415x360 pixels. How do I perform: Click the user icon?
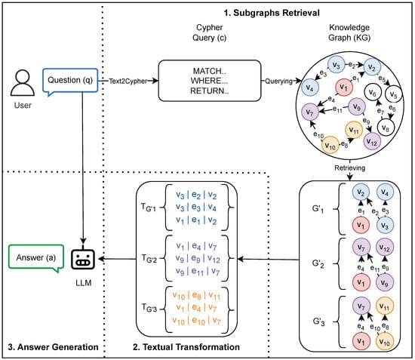pyautogui.click(x=23, y=82)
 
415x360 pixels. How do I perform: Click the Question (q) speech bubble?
pyautogui.click(x=70, y=81)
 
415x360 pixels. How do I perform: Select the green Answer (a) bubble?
pyautogui.click(x=36, y=258)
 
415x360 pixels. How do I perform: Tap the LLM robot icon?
pyautogui.click(x=83, y=259)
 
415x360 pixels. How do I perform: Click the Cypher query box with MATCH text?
pyautogui.click(x=210, y=81)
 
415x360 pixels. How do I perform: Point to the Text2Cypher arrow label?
pyautogui.click(x=128, y=81)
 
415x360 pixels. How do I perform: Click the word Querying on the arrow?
pyautogui.click(x=278, y=81)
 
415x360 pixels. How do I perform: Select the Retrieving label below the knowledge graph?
pyautogui.click(x=349, y=168)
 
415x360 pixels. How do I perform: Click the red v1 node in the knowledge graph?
pyautogui.click(x=344, y=87)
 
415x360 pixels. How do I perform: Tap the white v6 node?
pyautogui.click(x=373, y=93)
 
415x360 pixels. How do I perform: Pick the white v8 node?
pyautogui.click(x=386, y=128)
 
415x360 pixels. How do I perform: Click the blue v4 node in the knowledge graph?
pyautogui.click(x=310, y=88)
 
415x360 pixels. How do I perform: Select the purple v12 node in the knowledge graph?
pyautogui.click(x=372, y=141)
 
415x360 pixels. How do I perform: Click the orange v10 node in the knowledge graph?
pyautogui.click(x=330, y=145)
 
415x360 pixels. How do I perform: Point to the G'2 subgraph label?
pyautogui.click(x=318, y=264)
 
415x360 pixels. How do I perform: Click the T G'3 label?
pyautogui.click(x=149, y=307)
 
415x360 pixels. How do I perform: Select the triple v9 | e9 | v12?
pyautogui.click(x=198, y=258)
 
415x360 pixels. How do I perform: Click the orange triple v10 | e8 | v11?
pyautogui.click(x=196, y=295)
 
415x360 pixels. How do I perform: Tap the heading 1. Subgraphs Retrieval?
pyautogui.click(x=272, y=13)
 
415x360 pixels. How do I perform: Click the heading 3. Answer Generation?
pyautogui.click(x=54, y=346)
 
